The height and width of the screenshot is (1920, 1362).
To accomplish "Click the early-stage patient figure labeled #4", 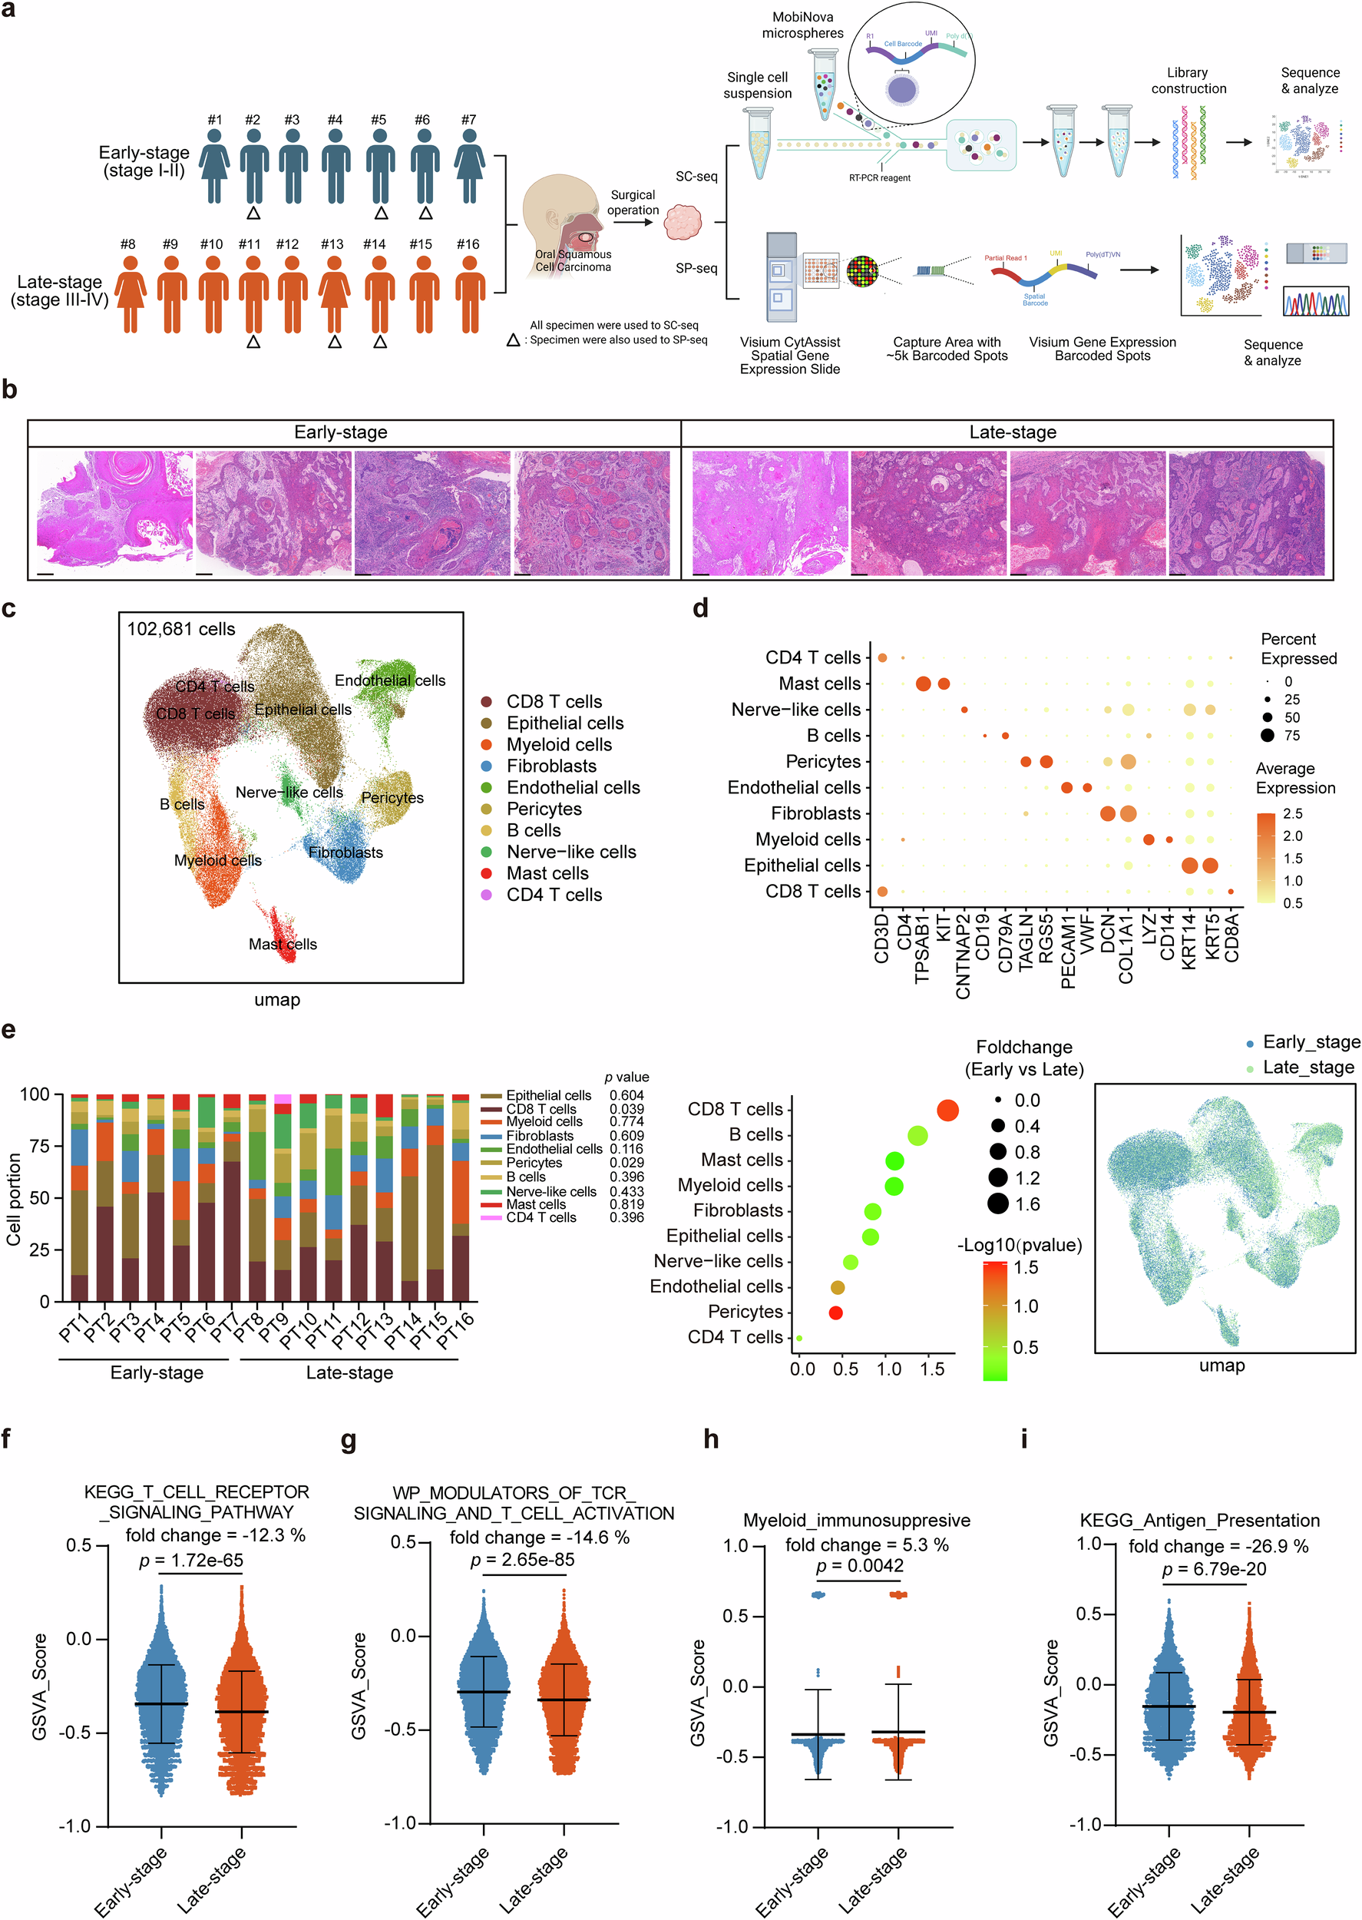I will (x=336, y=165).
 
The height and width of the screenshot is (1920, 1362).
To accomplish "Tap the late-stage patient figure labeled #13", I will (x=334, y=294).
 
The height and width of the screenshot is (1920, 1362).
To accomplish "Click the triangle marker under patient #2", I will (x=253, y=213).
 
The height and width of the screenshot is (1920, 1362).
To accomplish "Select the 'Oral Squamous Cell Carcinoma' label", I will (x=573, y=260).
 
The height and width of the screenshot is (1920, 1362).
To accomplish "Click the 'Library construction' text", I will (x=1188, y=81).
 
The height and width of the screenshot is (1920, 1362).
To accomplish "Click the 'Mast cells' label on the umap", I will (x=283, y=944).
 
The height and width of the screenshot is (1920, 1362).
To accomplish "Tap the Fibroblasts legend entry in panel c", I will (x=551, y=766).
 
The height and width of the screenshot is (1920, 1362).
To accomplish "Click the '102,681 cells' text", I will (x=181, y=629).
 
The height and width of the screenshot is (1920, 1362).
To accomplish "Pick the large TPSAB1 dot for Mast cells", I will (x=923, y=684).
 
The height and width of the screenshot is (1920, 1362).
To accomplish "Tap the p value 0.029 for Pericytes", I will (x=626, y=1163).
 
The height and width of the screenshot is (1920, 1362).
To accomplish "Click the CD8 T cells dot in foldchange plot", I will (x=947, y=1111).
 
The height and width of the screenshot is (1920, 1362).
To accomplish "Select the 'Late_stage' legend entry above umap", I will (x=1307, y=1067).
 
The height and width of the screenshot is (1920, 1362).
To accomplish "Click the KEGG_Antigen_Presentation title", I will (x=1198, y=1520).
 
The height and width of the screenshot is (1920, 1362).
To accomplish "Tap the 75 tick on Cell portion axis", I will (x=39, y=1146).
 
